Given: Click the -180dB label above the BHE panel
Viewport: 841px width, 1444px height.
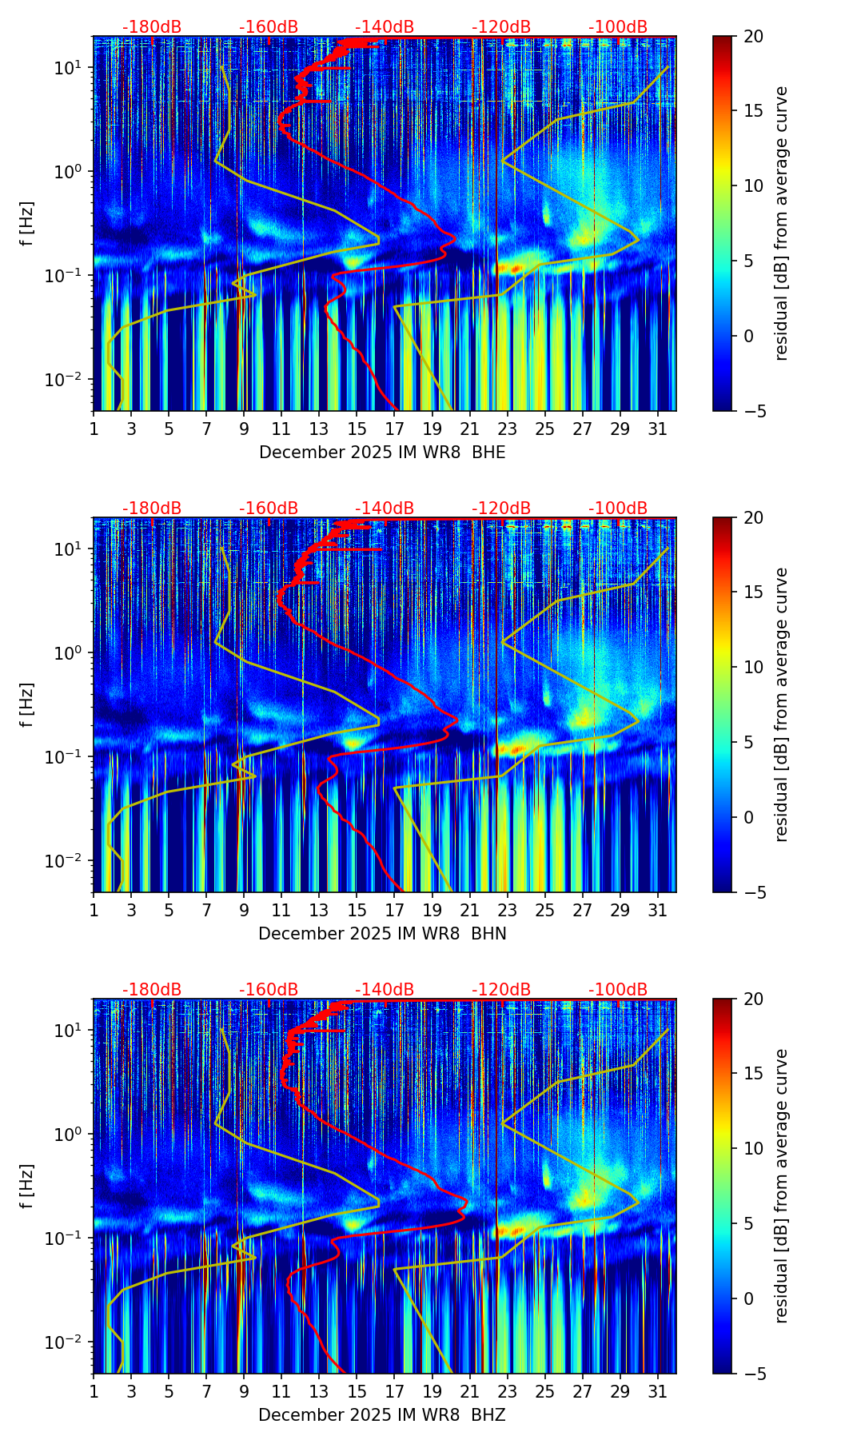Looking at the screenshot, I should click(152, 27).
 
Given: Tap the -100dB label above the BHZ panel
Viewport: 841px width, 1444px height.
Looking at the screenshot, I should click(618, 990).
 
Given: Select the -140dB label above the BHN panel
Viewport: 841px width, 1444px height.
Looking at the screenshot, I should click(385, 509).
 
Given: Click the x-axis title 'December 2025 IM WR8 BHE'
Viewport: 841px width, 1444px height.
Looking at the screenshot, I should click(382, 453).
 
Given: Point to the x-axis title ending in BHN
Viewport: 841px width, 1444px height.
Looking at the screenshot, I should click(382, 934).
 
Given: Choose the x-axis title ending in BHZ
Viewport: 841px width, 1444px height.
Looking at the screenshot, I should click(382, 1415).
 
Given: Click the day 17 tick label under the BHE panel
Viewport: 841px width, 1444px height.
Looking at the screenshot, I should click(394, 429).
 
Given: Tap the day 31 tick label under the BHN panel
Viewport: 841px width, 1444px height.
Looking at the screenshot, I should click(657, 910).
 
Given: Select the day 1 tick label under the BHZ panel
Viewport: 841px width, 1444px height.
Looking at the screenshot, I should click(94, 1391).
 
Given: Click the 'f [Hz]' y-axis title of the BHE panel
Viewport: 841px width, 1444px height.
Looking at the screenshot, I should click(27, 224).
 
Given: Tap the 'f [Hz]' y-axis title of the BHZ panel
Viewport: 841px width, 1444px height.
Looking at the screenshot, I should click(27, 1187).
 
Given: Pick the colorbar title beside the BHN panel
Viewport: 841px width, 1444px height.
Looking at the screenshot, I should click(782, 704).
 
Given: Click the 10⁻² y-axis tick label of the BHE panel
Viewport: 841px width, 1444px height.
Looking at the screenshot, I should click(70, 379).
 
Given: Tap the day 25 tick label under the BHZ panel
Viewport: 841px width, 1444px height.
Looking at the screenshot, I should click(544, 1391).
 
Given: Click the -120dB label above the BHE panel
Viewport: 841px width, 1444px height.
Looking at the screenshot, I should click(501, 27).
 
